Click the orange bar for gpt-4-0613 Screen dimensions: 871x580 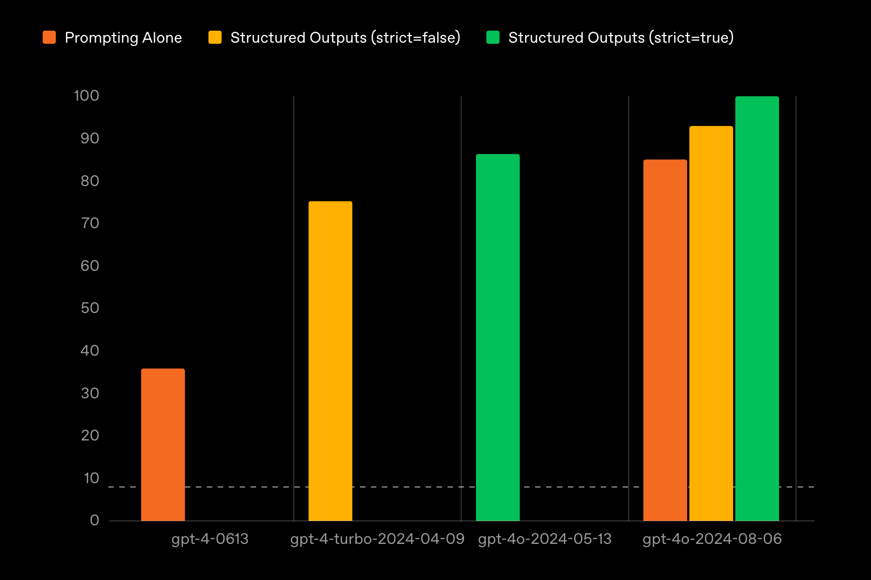pyautogui.click(x=163, y=444)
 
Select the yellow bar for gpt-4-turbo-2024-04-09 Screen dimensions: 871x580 pyautogui.click(x=330, y=361)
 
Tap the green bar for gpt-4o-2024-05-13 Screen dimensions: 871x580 pyautogui.click(x=498, y=337)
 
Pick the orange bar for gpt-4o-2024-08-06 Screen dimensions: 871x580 pyautogui.click(x=665, y=340)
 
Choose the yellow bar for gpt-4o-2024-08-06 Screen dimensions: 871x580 pyautogui.click(x=711, y=323)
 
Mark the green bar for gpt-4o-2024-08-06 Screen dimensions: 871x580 pyautogui.click(x=757, y=309)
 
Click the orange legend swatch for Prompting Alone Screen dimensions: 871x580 pyautogui.click(x=49, y=37)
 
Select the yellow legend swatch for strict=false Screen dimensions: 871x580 pyautogui.click(x=215, y=37)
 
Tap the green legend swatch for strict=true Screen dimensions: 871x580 pyautogui.click(x=493, y=37)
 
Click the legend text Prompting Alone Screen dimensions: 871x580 pyautogui.click(x=123, y=38)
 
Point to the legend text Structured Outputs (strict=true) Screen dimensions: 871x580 pyautogui.click(x=621, y=38)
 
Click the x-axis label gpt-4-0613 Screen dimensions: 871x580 pyautogui.click(x=210, y=539)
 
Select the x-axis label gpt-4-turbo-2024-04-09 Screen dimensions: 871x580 pyautogui.click(x=377, y=539)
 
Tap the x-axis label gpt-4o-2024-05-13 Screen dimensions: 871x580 pyautogui.click(x=545, y=539)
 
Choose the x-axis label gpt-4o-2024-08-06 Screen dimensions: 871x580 pyautogui.click(x=712, y=539)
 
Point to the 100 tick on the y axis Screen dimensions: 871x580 pyautogui.click(x=86, y=96)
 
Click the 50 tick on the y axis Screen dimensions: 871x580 pyautogui.click(x=90, y=308)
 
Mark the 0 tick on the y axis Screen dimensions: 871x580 pyautogui.click(x=95, y=520)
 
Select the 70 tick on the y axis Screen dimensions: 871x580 pyautogui.click(x=90, y=223)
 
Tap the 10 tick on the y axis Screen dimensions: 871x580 pyautogui.click(x=91, y=478)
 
